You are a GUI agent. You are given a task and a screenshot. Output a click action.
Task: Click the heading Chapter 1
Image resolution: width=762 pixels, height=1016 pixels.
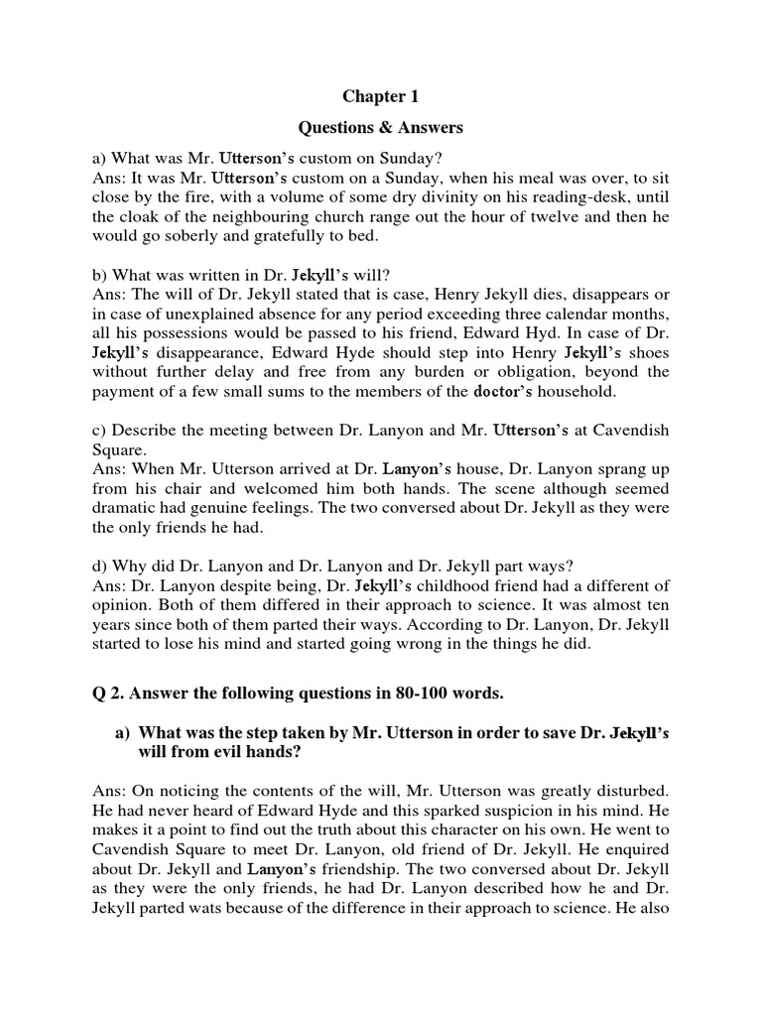(x=381, y=96)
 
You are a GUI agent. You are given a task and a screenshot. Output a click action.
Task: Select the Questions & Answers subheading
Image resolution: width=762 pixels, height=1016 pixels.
(x=381, y=127)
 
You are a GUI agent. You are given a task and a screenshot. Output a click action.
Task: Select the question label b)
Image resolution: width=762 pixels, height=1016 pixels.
(x=100, y=275)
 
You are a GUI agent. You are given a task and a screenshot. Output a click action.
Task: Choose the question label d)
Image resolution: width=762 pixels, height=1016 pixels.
(x=100, y=566)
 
